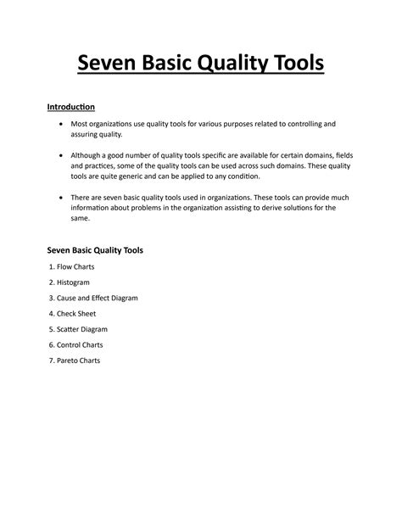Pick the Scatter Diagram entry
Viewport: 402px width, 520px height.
[81, 328]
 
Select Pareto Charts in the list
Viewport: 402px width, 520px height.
[78, 360]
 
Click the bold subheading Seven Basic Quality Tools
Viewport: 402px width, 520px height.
[93, 250]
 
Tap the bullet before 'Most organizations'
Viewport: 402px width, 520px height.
[60, 124]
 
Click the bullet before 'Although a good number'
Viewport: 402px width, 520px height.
[60, 155]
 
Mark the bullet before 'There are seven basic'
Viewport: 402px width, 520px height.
[60, 197]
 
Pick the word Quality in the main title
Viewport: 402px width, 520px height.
[220, 64]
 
